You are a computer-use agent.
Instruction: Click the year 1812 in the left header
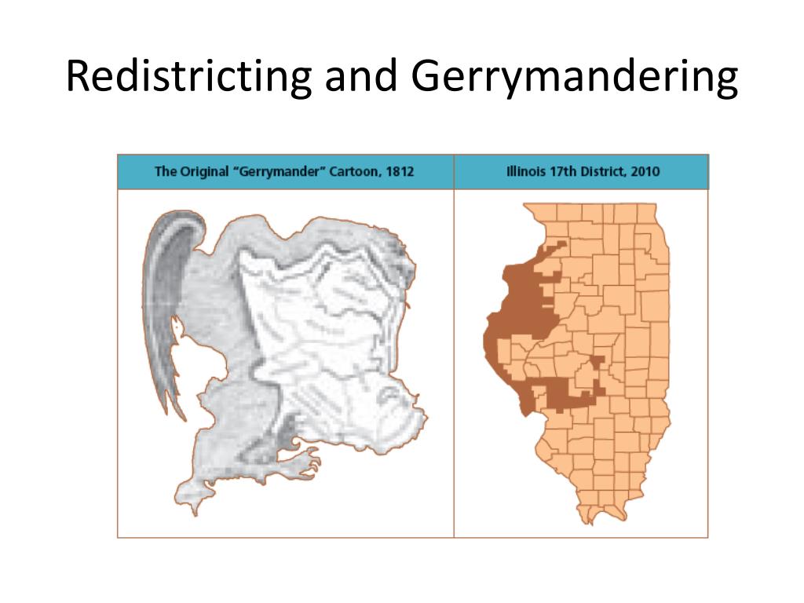pyautogui.click(x=400, y=171)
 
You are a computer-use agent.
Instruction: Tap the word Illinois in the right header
pyautogui.click(x=526, y=171)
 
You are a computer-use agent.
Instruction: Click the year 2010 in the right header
pyautogui.click(x=643, y=171)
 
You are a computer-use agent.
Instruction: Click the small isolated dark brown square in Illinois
pyautogui.click(x=598, y=361)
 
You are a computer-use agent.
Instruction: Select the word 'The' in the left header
pyautogui.click(x=166, y=171)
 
